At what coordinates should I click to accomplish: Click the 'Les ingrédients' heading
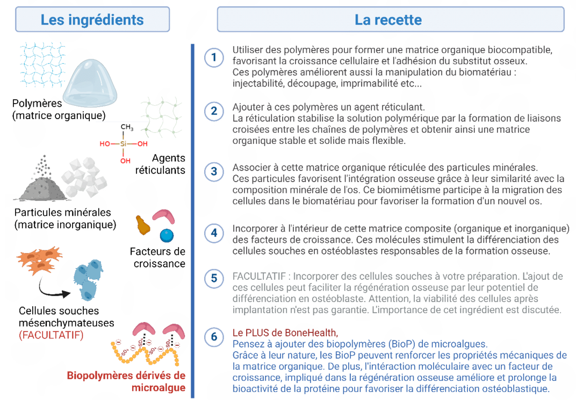(92, 20)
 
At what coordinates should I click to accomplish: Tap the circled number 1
(214, 57)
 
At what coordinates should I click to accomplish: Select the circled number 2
(214, 111)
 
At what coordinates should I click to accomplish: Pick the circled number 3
(214, 171)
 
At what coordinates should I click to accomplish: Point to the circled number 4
(214, 233)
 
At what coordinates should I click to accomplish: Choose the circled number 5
(214, 278)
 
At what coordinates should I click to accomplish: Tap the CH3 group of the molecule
(127, 127)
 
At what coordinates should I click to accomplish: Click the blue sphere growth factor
(167, 235)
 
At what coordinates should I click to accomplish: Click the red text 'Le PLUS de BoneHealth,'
(285, 332)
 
